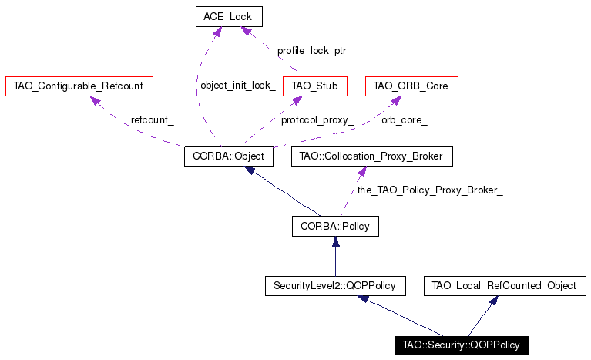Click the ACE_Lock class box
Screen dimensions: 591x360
[x=229, y=17]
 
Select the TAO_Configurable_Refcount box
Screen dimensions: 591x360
[x=79, y=86]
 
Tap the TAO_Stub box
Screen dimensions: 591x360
[x=314, y=86]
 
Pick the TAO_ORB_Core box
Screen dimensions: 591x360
[x=411, y=86]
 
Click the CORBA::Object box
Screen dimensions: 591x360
[x=229, y=156]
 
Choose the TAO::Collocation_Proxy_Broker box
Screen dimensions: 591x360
[x=372, y=156]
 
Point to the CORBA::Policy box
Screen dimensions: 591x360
[x=335, y=226]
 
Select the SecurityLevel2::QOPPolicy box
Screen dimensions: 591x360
[x=335, y=286]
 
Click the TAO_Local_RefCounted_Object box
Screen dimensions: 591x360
[x=505, y=286]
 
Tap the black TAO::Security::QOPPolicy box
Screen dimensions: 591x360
[x=462, y=345]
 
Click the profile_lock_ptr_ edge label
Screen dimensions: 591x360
[x=314, y=51]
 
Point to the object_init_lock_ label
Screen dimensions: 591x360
[x=238, y=86]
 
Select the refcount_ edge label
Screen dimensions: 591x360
[x=153, y=120]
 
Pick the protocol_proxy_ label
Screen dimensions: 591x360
[x=317, y=120]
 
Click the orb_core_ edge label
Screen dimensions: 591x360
[x=405, y=120]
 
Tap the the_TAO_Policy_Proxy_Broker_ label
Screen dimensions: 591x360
[x=430, y=190]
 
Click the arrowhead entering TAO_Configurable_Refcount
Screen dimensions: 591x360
[x=95, y=101]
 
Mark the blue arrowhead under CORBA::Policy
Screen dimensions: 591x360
[x=335, y=241]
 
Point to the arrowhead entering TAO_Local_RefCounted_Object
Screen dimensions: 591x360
[x=493, y=301]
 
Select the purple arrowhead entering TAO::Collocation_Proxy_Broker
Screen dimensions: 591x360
[x=362, y=171]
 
